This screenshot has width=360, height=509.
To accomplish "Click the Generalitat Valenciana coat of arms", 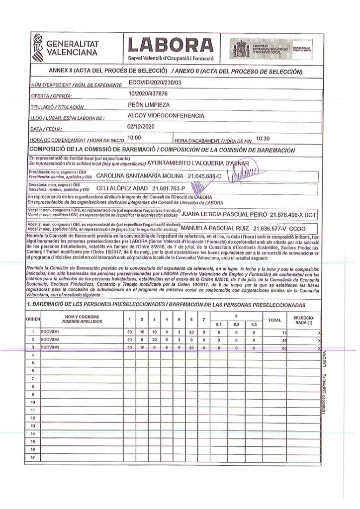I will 38,45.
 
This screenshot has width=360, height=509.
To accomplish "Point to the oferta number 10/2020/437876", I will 148,94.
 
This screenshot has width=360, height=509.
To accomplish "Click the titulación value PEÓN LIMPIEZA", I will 149,105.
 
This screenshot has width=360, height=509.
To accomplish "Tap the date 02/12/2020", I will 142,127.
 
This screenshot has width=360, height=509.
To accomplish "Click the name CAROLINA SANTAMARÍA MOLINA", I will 139,176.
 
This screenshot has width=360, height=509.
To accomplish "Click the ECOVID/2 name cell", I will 50,339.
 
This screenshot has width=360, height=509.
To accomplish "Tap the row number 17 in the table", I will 33,456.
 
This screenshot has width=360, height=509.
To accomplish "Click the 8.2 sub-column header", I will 236,324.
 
